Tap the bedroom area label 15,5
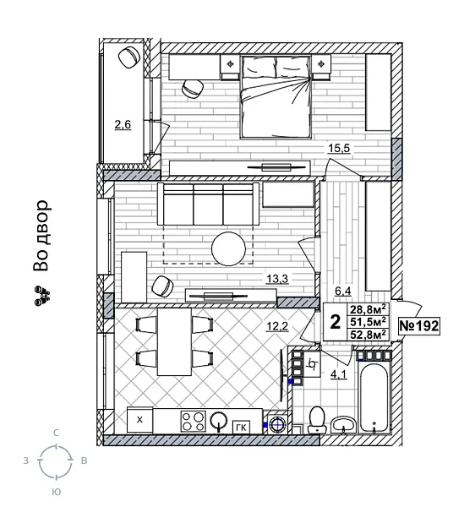pyautogui.click(x=340, y=149)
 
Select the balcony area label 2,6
pyautogui.click(x=123, y=126)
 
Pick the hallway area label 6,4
pyautogui.click(x=343, y=292)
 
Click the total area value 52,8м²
pyautogui.click(x=369, y=334)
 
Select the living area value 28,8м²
pyautogui.click(x=369, y=309)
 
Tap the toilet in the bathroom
pyautogui.click(x=318, y=418)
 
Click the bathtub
pyautogui.click(x=374, y=394)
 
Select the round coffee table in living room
pyautogui.click(x=230, y=248)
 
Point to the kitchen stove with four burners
pyautogui.click(x=192, y=420)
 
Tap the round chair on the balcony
pyautogui.click(x=129, y=57)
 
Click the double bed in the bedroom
pyautogui.click(x=276, y=95)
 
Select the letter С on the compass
pyautogui.click(x=57, y=433)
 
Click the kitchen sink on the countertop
pyautogui.click(x=219, y=419)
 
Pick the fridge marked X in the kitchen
pyautogui.click(x=140, y=420)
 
